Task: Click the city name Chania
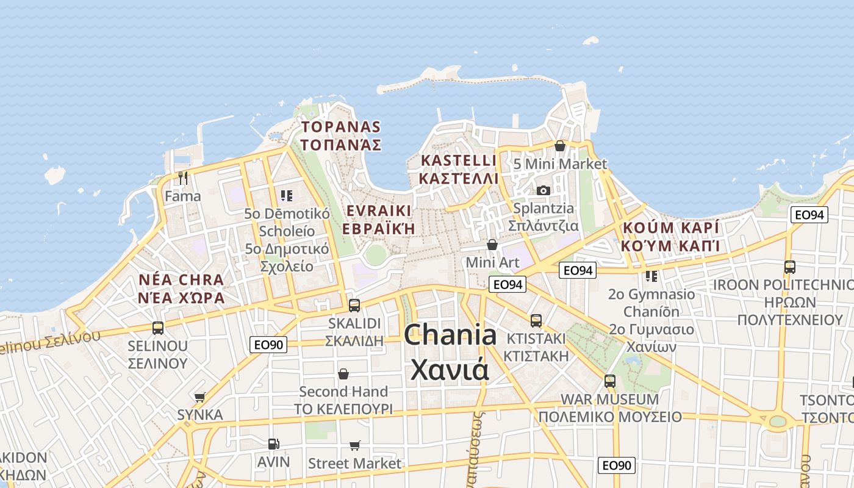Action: (450, 335)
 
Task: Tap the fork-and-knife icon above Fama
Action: (182, 178)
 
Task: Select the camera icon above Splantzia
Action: (544, 190)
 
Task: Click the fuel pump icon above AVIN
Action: (273, 443)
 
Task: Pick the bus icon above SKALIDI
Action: (354, 305)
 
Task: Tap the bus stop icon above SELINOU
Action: (158, 328)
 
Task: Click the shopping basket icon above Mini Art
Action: (492, 244)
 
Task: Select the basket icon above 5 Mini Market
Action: (560, 146)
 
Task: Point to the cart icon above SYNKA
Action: (199, 397)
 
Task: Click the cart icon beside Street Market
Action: (354, 446)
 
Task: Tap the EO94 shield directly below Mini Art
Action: (508, 284)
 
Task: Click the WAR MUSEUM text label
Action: (609, 400)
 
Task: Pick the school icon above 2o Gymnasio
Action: (651, 276)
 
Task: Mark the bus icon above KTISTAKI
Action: (536, 320)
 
